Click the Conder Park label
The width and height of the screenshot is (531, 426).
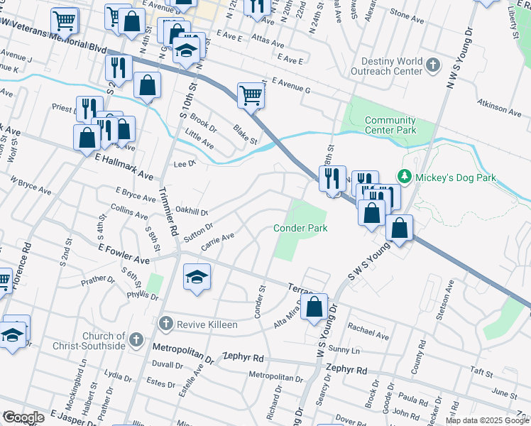tap(301, 228)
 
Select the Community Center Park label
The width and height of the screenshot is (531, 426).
tap(390, 126)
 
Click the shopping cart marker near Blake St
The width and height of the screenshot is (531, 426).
tap(251, 94)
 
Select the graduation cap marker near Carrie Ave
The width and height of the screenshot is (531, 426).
tap(197, 276)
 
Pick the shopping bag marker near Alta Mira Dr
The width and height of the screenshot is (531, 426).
tap(314, 307)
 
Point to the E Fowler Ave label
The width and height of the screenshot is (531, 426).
tap(124, 255)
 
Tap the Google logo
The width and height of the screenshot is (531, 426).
tap(23, 417)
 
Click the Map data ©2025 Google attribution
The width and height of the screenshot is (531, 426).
tap(488, 420)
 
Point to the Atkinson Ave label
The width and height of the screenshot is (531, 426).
tap(500, 109)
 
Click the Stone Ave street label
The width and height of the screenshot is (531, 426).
tap(407, 14)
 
